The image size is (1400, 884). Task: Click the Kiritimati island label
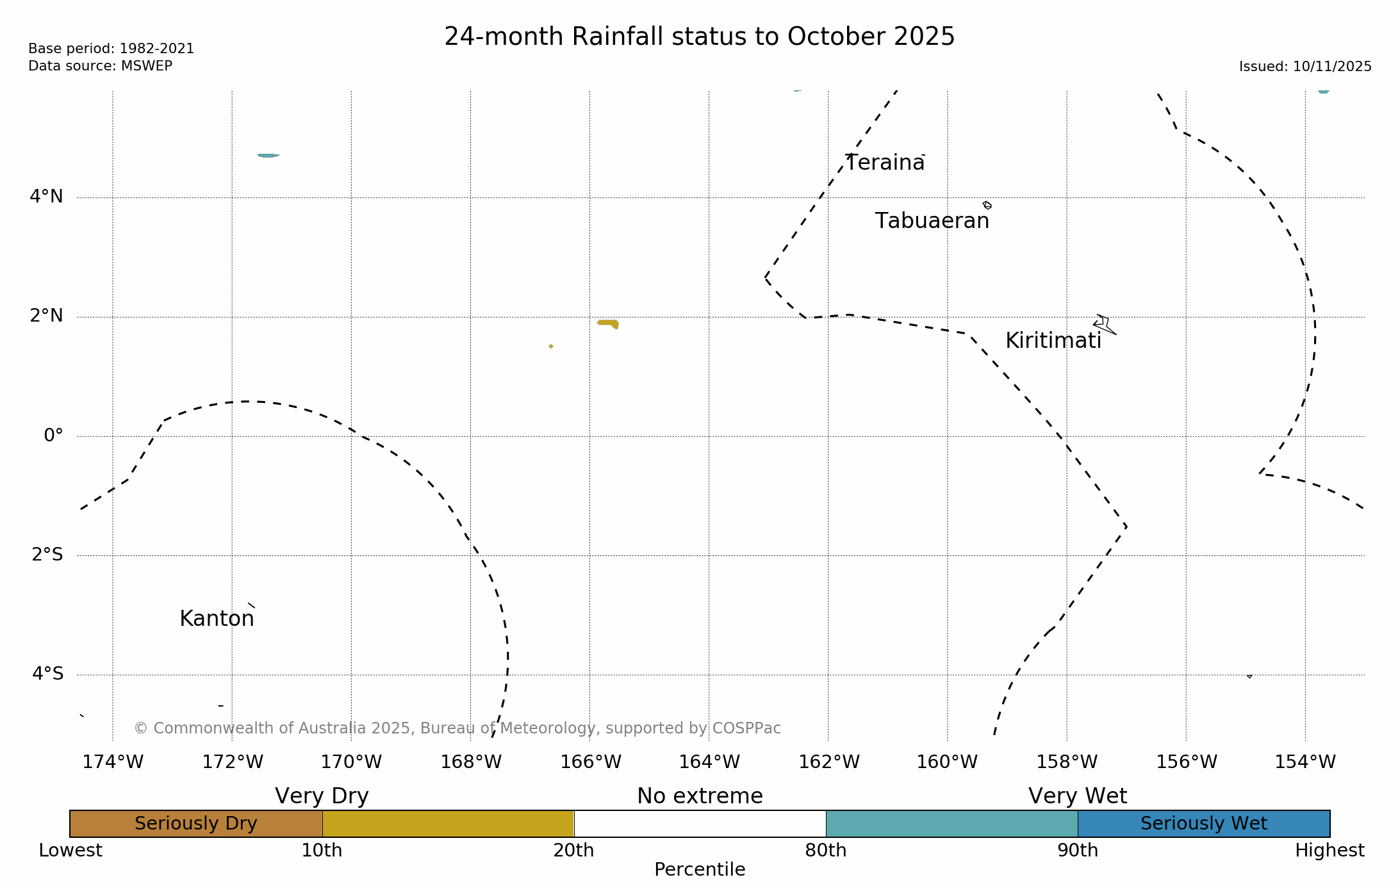pyautogui.click(x=1053, y=341)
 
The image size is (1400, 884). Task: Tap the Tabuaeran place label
pyautogui.click(x=932, y=221)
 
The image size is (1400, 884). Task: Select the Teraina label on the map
pyautogui.click(x=885, y=163)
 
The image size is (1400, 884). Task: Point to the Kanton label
pyautogui.click(x=217, y=619)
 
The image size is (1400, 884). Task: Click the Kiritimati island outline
pyautogui.click(x=1103, y=324)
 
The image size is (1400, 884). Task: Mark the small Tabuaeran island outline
pyautogui.click(x=987, y=205)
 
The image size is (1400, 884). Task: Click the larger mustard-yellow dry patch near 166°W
pyautogui.click(x=609, y=323)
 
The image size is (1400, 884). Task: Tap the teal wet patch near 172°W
pyautogui.click(x=268, y=155)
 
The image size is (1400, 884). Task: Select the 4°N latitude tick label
pyautogui.click(x=46, y=197)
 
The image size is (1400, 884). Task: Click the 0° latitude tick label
pyautogui.click(x=53, y=436)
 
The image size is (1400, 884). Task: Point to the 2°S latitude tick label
pyautogui.click(x=47, y=555)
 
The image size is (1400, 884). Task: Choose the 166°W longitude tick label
pyautogui.click(x=590, y=762)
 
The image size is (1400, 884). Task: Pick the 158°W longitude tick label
pyautogui.click(x=1067, y=762)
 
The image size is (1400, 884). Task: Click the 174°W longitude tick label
pyautogui.click(x=113, y=762)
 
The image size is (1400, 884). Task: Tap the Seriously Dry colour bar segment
pyautogui.click(x=195, y=824)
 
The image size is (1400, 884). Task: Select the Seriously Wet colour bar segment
pyautogui.click(x=1203, y=824)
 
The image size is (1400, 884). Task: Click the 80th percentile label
pyautogui.click(x=825, y=851)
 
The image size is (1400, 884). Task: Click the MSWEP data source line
pyautogui.click(x=100, y=66)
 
